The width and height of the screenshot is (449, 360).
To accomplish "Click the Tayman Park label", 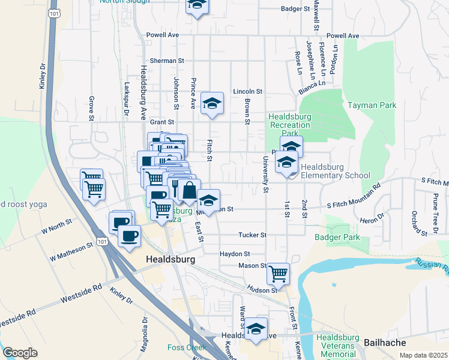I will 372,105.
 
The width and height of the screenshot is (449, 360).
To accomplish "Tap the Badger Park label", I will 337,238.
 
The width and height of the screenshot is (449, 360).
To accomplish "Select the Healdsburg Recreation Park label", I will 290,125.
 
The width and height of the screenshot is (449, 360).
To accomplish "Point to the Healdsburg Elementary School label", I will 336,171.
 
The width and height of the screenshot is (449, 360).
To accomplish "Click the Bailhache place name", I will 385,343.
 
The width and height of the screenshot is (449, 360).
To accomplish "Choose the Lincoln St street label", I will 248,91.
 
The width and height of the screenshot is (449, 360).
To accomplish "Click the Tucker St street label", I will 252,235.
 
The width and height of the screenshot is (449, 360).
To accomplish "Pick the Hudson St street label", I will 264,290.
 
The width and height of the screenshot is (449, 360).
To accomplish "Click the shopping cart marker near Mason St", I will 278,274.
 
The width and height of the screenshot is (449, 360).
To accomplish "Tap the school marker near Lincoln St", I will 212,104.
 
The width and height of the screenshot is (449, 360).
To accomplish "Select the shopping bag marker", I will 189,190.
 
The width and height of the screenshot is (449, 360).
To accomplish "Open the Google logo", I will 20,353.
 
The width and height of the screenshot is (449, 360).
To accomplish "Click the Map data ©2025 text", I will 423,355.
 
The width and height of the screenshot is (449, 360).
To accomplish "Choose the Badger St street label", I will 295,9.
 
